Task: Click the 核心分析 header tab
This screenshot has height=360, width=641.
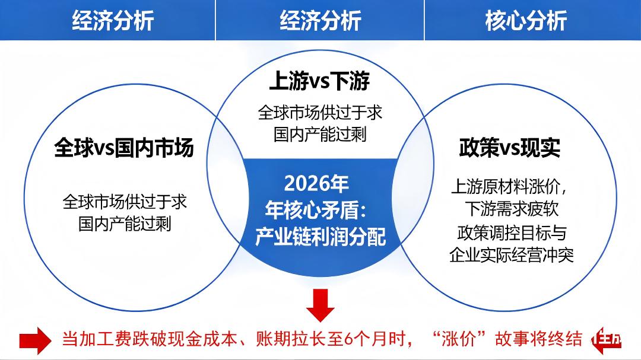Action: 525,21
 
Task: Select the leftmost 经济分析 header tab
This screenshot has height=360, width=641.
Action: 113,21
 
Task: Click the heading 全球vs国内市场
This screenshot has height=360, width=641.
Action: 124,148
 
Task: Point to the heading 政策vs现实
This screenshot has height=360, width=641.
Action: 510,148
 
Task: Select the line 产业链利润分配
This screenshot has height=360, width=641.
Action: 320,237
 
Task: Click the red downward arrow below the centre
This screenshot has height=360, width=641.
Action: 320,304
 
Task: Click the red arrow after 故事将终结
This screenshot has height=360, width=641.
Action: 607,340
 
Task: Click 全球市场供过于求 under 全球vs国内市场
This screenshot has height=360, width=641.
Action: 125,202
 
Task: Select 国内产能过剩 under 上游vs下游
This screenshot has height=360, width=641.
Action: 320,134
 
